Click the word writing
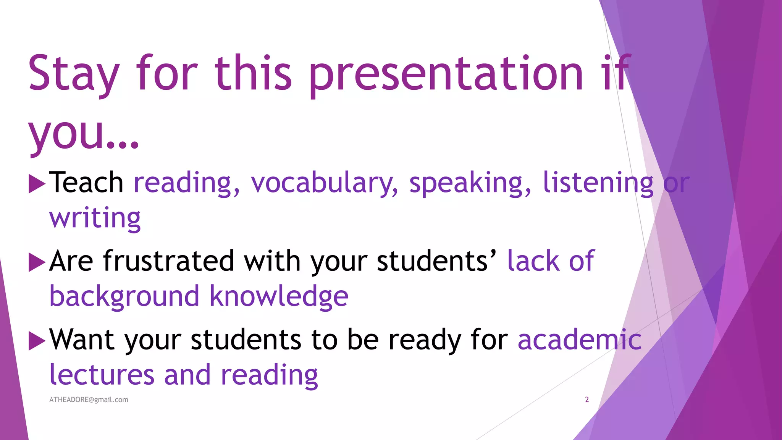95,218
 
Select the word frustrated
168,261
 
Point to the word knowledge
279,296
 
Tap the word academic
579,340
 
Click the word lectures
102,375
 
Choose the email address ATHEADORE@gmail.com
89,400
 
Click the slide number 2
587,400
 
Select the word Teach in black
86,183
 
